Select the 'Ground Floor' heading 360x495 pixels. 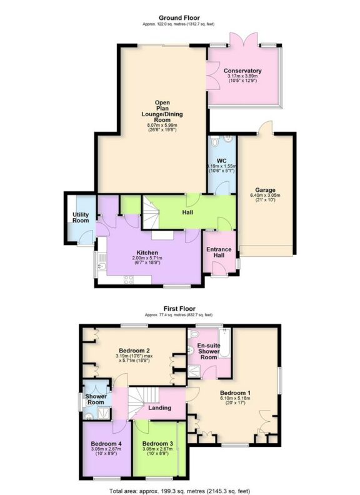(x=179, y=17)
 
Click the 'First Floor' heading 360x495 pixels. (x=179, y=309)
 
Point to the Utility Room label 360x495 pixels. (x=80, y=218)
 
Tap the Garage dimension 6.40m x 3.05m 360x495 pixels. (x=264, y=196)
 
